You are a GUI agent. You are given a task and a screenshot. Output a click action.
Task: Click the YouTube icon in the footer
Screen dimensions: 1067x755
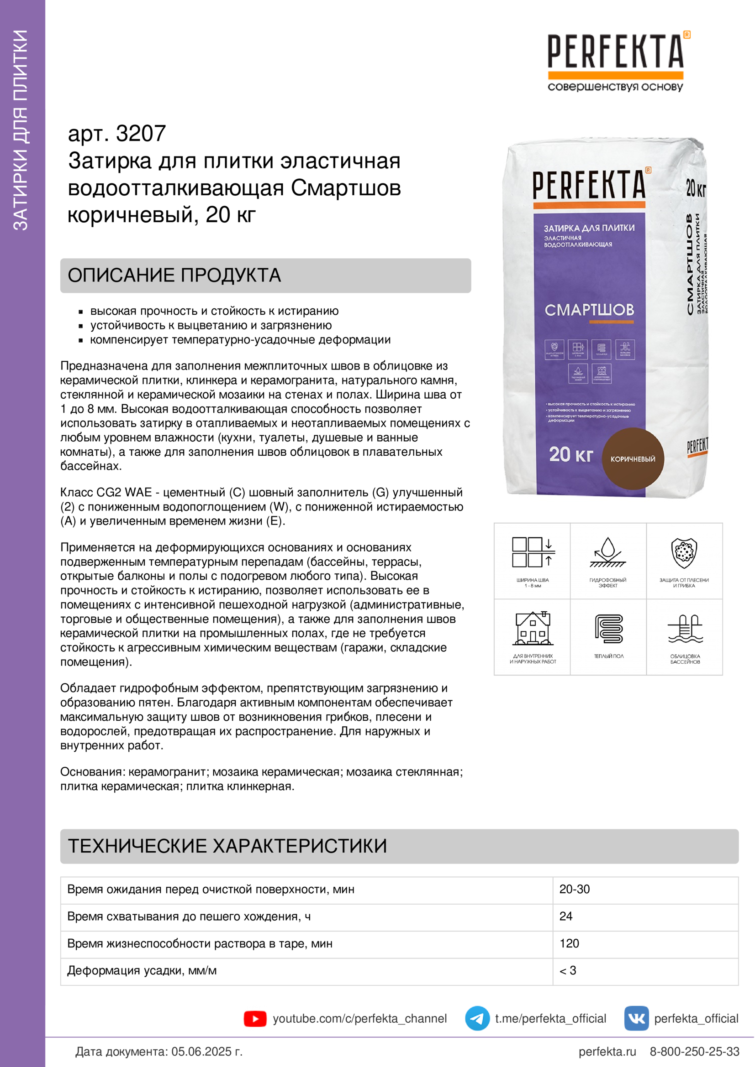click(x=255, y=1019)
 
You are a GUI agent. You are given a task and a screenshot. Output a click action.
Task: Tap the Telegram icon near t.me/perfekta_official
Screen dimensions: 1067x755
click(x=477, y=1018)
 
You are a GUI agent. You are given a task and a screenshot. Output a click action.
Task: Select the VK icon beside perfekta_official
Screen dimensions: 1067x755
click(x=636, y=1018)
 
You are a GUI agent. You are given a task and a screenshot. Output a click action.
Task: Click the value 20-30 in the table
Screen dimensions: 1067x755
click(x=574, y=889)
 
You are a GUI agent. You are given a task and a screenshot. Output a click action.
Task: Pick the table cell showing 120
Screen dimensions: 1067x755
click(x=569, y=943)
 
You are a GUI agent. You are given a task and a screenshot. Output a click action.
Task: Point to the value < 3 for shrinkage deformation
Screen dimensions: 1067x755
click(x=568, y=970)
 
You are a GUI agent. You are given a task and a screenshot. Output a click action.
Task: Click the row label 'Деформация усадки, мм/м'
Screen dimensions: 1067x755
click(x=142, y=970)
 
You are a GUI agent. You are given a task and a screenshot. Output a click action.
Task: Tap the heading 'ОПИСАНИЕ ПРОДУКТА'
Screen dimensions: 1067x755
click(x=174, y=275)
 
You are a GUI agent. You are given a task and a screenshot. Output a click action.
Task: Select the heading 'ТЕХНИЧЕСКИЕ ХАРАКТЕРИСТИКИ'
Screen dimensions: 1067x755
click(x=227, y=846)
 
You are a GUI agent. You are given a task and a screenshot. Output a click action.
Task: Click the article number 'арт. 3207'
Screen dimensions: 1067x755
click(x=117, y=133)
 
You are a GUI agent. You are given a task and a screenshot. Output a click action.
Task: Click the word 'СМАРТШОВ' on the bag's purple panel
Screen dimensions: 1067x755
click(x=589, y=309)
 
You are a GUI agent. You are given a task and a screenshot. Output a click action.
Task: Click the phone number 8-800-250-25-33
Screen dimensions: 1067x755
click(x=694, y=1051)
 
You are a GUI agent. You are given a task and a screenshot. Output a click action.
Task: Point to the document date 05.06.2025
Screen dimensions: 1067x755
click(x=206, y=1051)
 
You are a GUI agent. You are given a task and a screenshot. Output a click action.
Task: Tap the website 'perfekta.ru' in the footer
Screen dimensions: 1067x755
click(x=607, y=1051)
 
